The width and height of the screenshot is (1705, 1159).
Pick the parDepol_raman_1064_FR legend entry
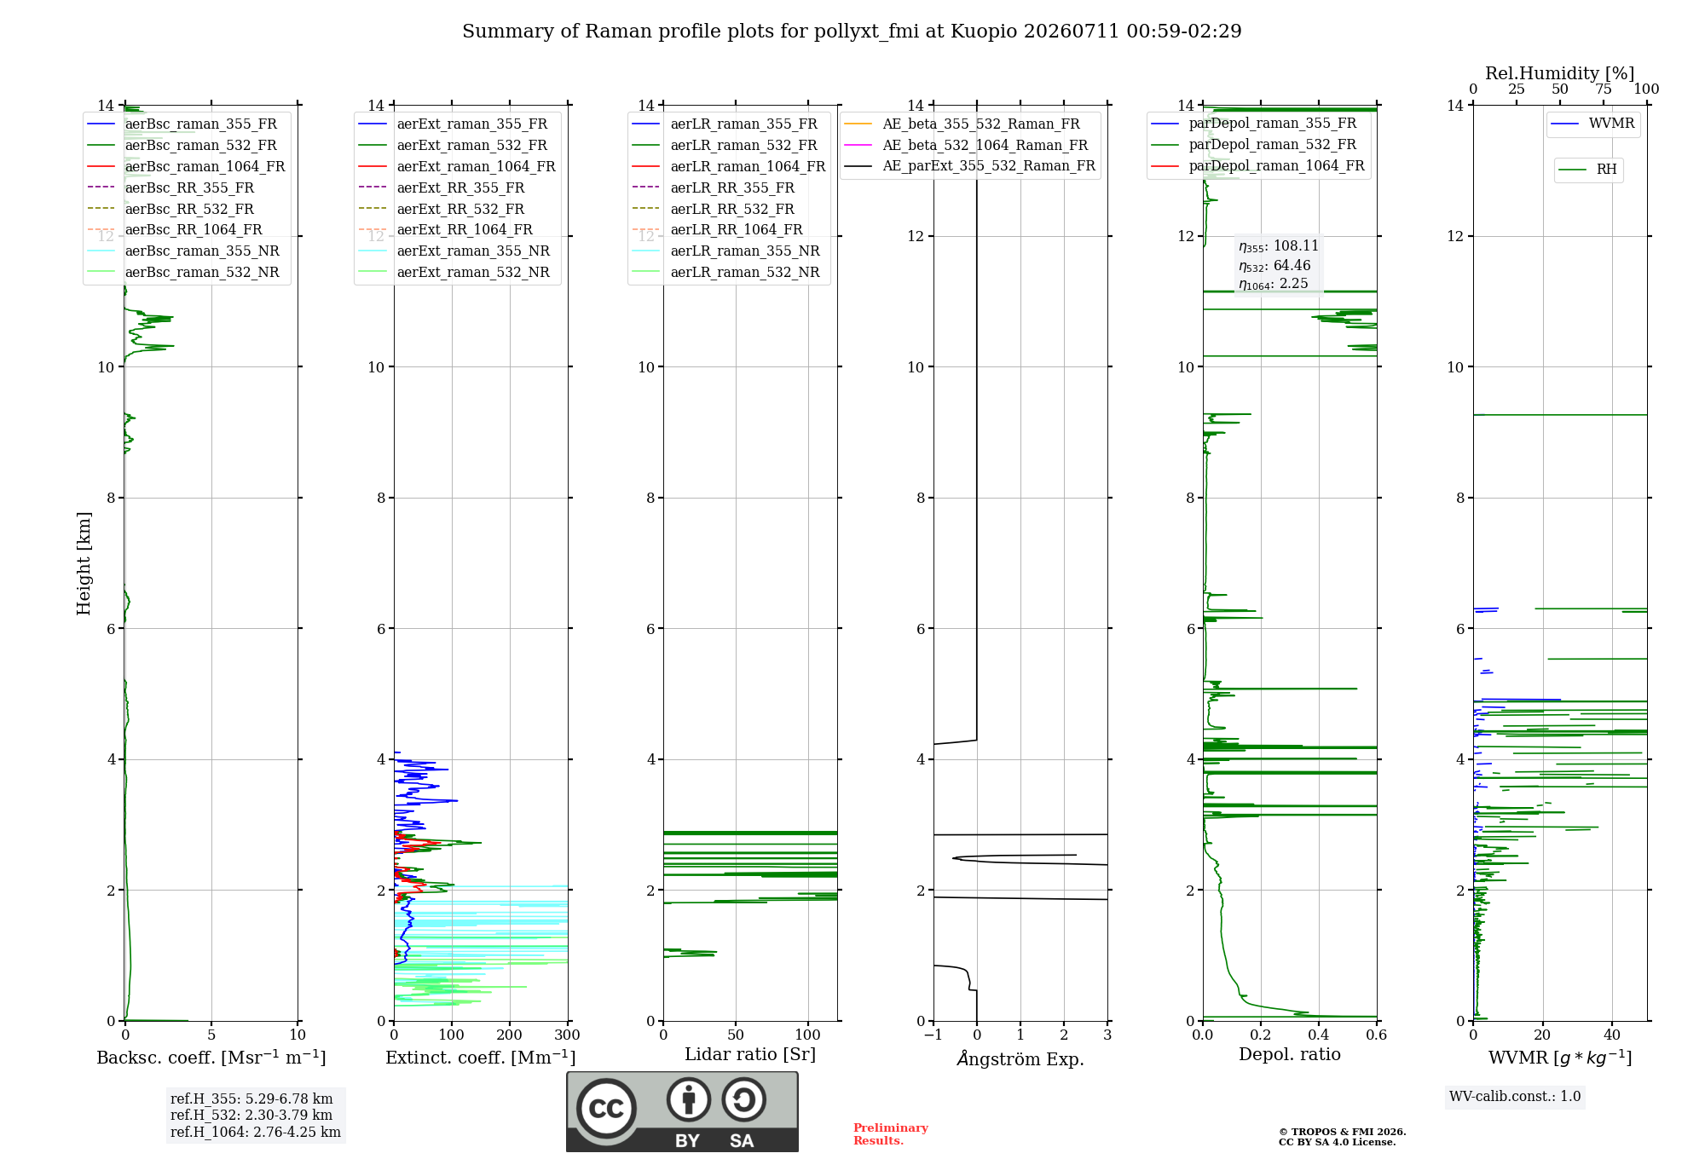(x=1257, y=165)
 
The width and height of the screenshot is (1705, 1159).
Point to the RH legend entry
(x=1587, y=170)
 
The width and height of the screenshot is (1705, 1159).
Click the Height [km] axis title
(x=84, y=563)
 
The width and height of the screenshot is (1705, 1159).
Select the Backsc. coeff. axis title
(x=211, y=1058)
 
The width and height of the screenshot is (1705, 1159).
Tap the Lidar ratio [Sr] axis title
(x=750, y=1054)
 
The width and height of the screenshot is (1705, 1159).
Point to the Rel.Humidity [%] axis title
(x=1560, y=73)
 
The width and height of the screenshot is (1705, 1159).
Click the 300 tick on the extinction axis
(x=568, y=1035)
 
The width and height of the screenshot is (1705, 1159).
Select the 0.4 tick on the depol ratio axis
(x=1319, y=1035)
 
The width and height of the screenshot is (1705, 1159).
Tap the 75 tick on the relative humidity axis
(x=1604, y=89)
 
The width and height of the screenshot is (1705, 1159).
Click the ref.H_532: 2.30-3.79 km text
(x=251, y=1115)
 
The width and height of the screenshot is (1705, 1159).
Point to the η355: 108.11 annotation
(x=1279, y=246)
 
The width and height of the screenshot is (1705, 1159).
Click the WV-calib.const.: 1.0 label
(x=1515, y=1096)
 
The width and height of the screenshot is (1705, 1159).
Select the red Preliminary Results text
(x=891, y=1134)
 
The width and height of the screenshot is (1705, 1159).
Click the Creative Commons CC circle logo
(x=606, y=1108)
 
